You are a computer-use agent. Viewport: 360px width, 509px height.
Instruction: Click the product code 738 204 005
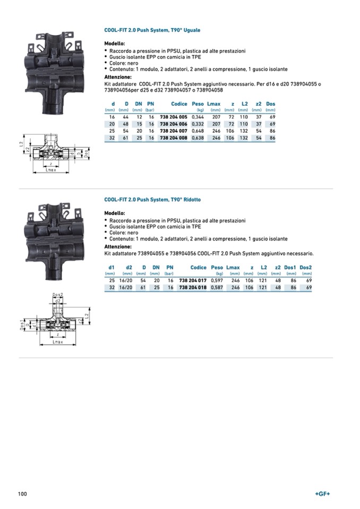(174, 116)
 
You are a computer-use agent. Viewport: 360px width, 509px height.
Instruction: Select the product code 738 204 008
(174, 138)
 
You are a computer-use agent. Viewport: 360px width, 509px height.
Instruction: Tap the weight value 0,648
(198, 131)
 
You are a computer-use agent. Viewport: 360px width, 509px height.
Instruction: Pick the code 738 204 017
(193, 280)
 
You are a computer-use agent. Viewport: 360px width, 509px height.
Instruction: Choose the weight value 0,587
(217, 287)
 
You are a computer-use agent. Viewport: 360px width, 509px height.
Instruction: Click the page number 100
(22, 494)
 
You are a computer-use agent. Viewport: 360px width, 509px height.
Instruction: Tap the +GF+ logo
(322, 494)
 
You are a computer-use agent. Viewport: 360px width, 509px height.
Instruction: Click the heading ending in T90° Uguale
(152, 30)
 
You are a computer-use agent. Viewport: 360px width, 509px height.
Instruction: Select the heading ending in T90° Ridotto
(152, 200)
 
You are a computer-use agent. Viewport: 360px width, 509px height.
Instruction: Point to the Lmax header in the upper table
(213, 104)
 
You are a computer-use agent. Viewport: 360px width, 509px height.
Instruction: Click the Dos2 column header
(305, 268)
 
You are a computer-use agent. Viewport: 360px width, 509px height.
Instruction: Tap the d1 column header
(112, 268)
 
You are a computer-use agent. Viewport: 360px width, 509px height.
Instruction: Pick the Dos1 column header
(290, 268)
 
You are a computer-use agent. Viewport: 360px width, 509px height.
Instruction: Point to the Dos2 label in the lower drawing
(57, 295)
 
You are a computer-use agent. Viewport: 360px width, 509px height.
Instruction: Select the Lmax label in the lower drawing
(57, 342)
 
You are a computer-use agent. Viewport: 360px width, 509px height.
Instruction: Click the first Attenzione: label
(118, 77)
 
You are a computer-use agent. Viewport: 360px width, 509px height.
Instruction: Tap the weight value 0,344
(198, 116)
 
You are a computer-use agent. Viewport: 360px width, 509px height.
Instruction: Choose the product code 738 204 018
(193, 287)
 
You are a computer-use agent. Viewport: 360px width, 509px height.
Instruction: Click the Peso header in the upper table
(198, 104)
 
